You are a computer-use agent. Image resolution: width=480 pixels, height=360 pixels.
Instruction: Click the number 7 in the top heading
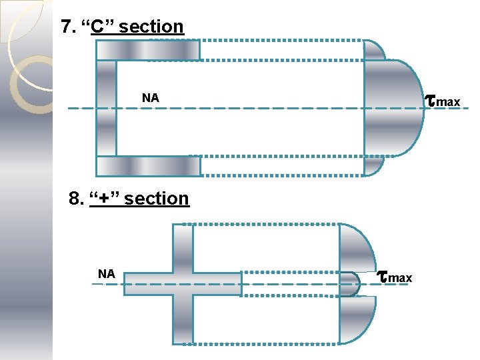tap(65, 27)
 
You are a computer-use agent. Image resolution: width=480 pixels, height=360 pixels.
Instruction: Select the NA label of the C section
tap(151, 99)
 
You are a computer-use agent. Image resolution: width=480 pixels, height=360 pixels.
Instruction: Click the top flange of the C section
tap(148, 50)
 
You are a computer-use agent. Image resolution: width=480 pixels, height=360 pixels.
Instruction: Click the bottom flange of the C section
tap(148, 166)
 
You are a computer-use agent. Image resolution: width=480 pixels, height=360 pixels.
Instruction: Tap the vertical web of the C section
tap(106, 108)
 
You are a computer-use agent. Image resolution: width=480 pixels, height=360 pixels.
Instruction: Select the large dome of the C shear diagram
tap(395, 108)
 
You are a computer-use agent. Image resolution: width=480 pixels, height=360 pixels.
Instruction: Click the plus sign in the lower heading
tap(104, 199)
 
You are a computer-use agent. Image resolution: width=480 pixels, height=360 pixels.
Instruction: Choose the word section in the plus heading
tap(157, 199)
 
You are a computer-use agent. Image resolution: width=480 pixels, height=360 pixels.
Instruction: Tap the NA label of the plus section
tap(107, 273)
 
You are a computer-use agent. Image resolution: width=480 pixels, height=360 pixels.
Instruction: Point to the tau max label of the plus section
tap(395, 276)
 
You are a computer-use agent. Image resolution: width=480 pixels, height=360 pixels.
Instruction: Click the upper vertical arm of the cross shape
tap(183, 247)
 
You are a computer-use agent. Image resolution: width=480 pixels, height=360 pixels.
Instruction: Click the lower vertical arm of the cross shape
tap(183, 320)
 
